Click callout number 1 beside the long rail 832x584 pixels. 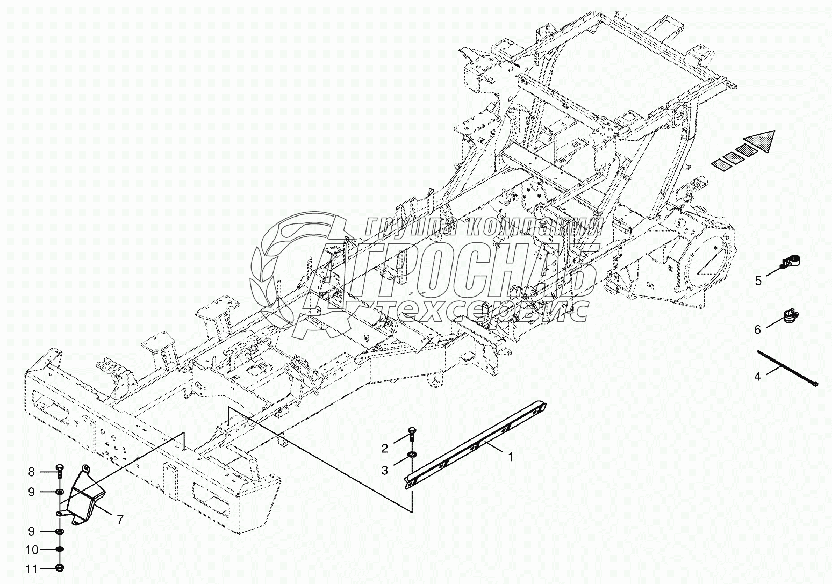[510, 457]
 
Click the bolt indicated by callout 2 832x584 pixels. [412, 432]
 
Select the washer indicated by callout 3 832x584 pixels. [411, 455]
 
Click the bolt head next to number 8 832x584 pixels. [59, 471]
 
